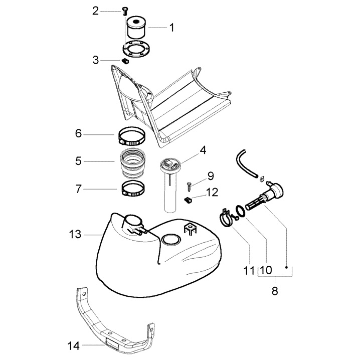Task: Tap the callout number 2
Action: pyautogui.click(x=96, y=11)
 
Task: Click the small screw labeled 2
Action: pyautogui.click(x=124, y=11)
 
